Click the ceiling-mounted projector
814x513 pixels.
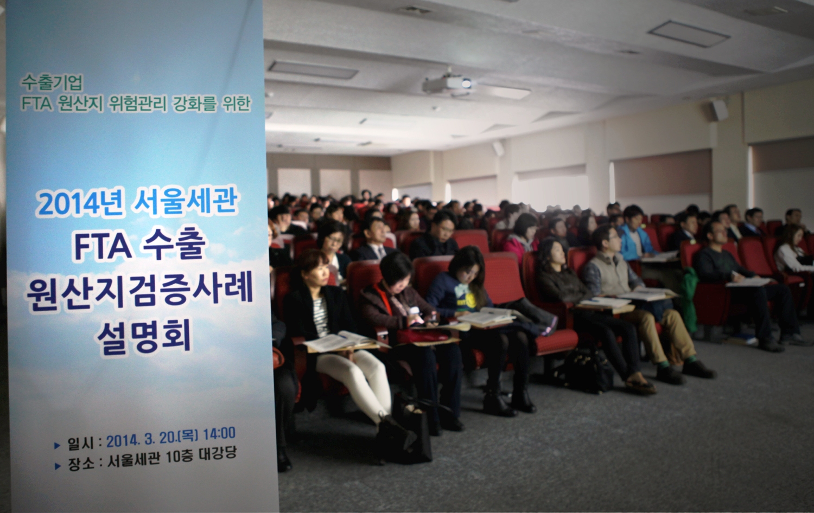pos(448,84)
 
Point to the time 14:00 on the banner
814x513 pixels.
pos(219,434)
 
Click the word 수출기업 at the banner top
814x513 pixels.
pos(52,83)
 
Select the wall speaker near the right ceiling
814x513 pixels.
pos(719,110)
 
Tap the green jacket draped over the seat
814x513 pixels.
pos(688,298)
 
